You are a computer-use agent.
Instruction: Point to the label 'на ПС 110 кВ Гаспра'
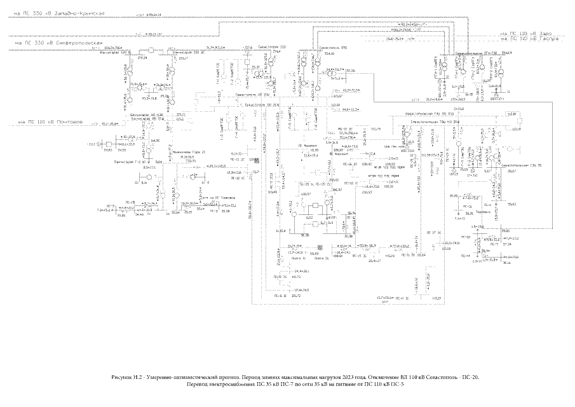coord(529,39)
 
